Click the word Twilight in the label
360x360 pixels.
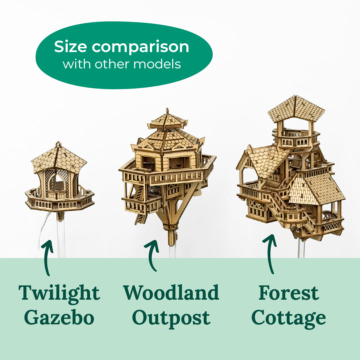[59, 293]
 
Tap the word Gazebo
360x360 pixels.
[59, 318]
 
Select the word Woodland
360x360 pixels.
[171, 293]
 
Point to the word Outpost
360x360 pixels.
[171, 318]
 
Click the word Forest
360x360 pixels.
[289, 293]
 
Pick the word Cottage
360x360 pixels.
[289, 318]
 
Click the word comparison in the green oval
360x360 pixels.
[140, 47]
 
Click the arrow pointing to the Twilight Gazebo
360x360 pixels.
[48, 257]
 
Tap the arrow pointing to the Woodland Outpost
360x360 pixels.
[152, 255]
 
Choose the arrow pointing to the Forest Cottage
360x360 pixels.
[270, 253]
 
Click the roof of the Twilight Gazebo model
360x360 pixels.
[59, 158]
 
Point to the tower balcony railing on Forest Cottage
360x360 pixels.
[295, 142]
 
